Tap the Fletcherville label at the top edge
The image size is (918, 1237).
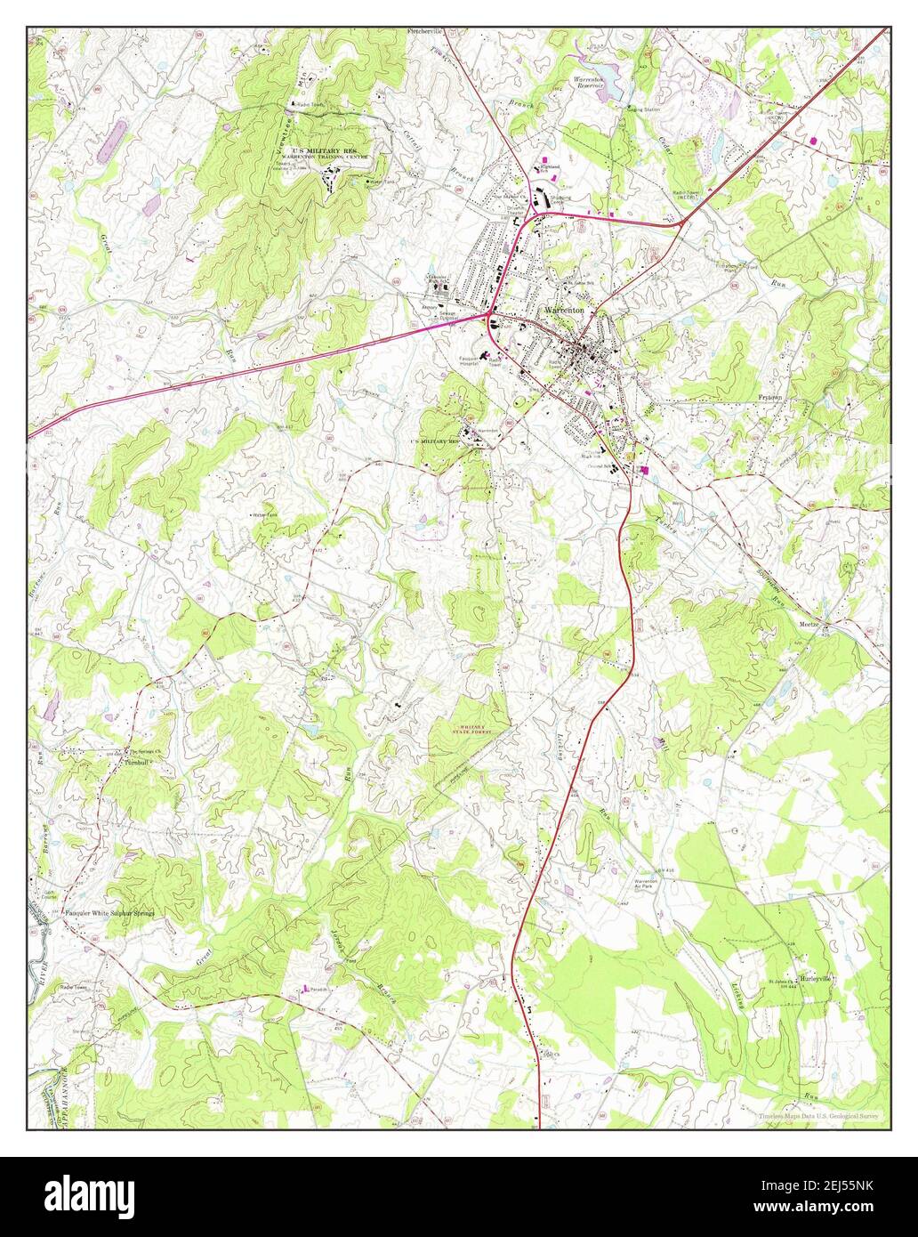424,31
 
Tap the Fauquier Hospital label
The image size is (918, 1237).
470,360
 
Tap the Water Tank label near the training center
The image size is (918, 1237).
384,182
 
